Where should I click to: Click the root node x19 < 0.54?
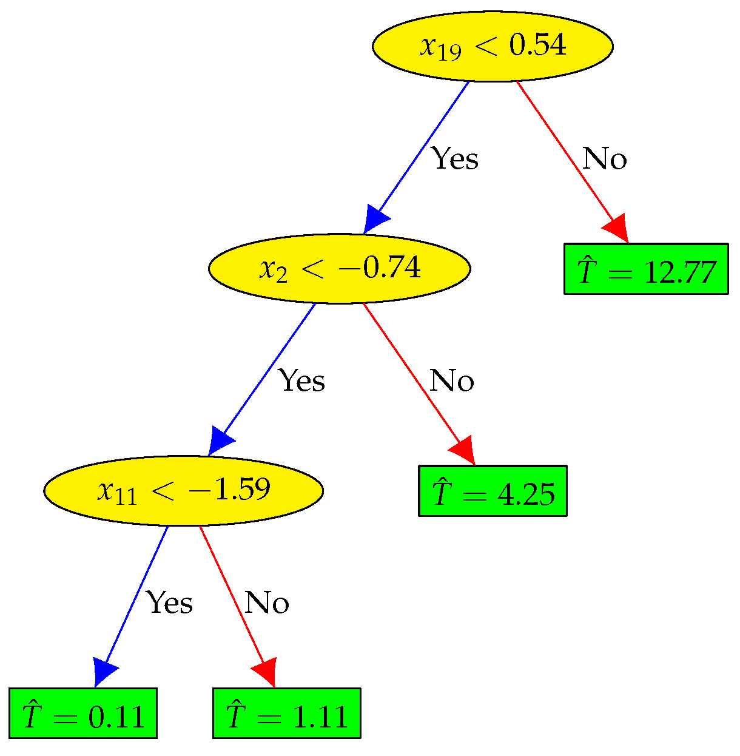click(x=492, y=46)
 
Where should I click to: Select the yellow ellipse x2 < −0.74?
click(x=339, y=268)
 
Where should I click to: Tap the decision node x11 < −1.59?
click(x=183, y=490)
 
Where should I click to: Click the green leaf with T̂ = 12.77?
click(x=646, y=269)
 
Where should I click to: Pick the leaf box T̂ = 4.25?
click(x=493, y=491)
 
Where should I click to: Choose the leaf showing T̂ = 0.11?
click(x=83, y=714)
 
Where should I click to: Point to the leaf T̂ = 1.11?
click(x=287, y=714)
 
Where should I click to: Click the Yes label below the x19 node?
click(x=455, y=159)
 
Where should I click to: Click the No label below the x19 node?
click(x=604, y=159)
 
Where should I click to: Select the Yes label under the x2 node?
click(x=301, y=381)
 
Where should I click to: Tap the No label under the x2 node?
click(x=451, y=381)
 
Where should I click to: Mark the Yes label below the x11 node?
click(x=170, y=603)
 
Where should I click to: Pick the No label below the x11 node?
click(x=266, y=603)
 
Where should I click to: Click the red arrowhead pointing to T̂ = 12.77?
click(x=616, y=228)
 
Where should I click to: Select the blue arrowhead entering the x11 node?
click(x=220, y=442)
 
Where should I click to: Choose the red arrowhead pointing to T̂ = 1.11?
click(x=266, y=672)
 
